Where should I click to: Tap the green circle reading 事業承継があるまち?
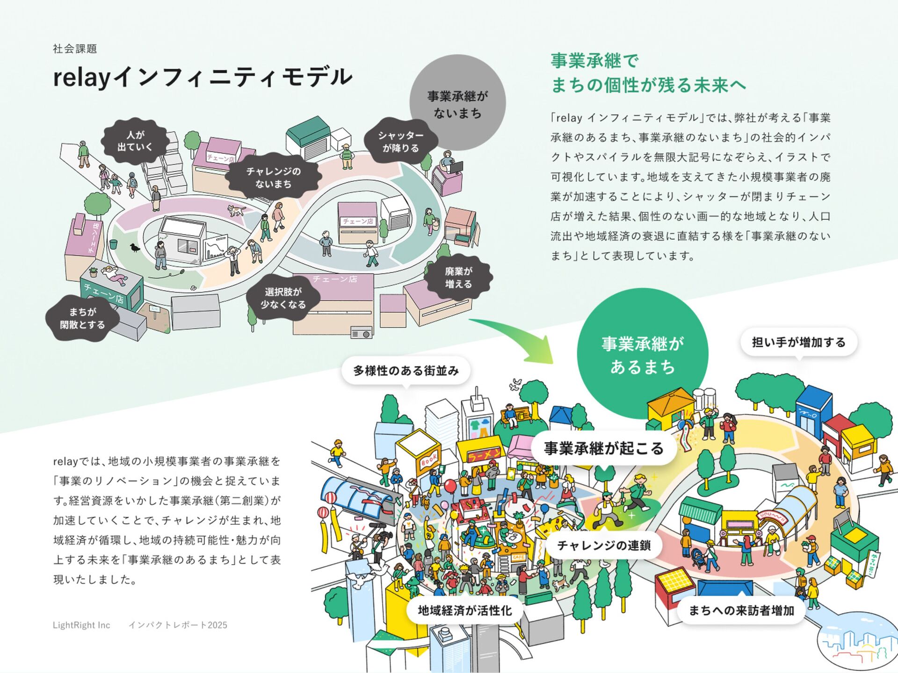[x=642, y=354]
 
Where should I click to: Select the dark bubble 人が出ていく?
[x=135, y=141]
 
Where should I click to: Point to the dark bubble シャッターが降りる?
[x=401, y=141]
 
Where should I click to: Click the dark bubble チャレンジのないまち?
[x=274, y=177]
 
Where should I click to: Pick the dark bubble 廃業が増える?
[x=458, y=278]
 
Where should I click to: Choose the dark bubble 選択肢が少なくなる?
[x=283, y=298]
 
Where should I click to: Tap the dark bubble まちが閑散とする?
[x=82, y=318]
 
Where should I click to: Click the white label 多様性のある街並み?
[x=406, y=371]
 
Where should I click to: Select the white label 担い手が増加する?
[x=798, y=342]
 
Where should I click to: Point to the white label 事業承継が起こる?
[x=603, y=448]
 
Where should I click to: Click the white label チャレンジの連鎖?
[x=603, y=545]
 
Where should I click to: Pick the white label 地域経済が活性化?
[x=464, y=610]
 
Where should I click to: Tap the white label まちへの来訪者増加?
[x=741, y=610]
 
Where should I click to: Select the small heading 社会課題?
[x=75, y=49]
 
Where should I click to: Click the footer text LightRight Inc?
[x=81, y=625]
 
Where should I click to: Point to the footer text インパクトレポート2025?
[x=178, y=625]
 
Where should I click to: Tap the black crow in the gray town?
[x=135, y=248]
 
